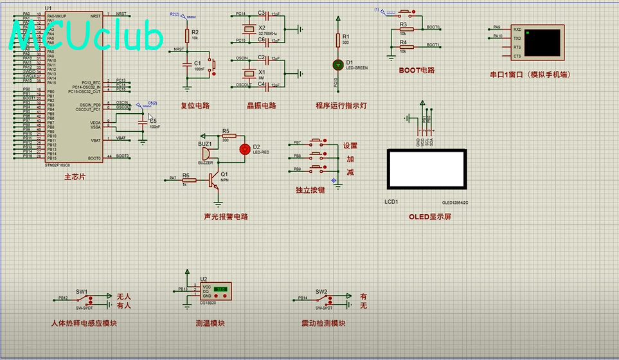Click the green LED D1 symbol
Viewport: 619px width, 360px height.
(338, 64)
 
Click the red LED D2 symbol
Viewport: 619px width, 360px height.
(244, 149)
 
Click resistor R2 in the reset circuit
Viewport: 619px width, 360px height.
(187, 35)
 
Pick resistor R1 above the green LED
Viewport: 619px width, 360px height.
(338, 40)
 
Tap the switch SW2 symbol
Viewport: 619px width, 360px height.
(323, 299)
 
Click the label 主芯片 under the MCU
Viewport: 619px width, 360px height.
(75, 177)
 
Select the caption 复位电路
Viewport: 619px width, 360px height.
(195, 105)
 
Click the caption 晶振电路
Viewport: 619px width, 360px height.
(261, 105)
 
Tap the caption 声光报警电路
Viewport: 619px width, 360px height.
(226, 217)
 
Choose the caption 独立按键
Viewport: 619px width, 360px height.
(310, 190)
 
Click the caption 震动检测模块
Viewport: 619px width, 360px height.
(323, 323)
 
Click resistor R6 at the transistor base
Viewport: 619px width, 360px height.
(186, 181)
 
